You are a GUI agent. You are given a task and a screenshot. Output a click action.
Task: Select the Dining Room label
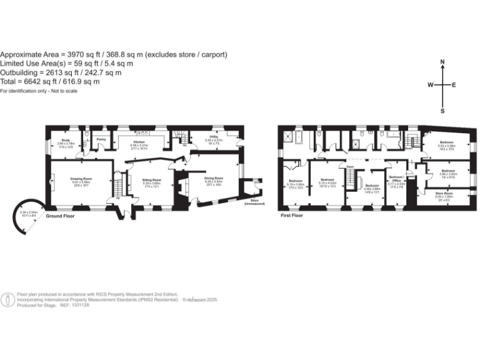214,178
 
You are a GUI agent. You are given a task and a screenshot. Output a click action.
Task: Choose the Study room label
66,141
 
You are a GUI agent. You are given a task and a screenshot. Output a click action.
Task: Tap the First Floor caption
291,215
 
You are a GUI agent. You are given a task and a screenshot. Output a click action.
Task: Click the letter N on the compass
442,62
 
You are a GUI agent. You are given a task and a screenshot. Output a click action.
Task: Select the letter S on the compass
442,111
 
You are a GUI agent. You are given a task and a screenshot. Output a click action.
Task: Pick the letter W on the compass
430,86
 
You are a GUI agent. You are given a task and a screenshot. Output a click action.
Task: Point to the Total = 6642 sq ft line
50,82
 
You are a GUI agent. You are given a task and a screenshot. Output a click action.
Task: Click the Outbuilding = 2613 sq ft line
60,72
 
